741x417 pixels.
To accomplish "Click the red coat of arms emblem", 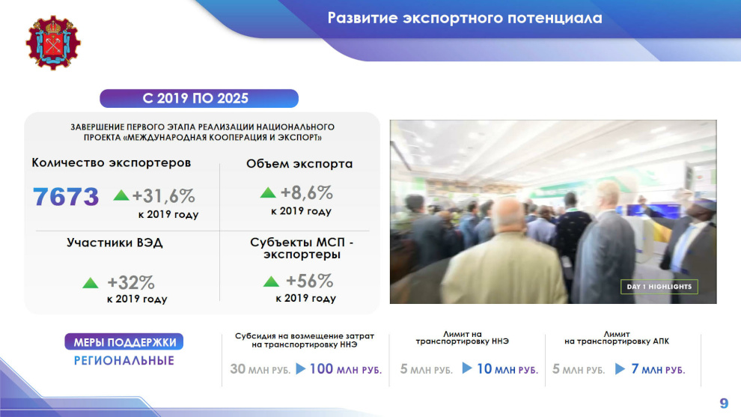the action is [53, 43].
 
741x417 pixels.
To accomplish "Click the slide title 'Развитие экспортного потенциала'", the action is [465, 18].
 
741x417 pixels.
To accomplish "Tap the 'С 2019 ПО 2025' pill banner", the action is [199, 98].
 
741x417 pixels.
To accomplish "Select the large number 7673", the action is [66, 197].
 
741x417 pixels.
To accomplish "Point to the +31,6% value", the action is [163, 195].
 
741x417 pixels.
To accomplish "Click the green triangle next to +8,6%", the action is [268, 192].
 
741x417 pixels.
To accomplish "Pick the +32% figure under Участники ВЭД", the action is [131, 283].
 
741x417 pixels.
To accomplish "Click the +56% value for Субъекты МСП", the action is [310, 281].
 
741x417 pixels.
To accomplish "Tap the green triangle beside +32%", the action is [91, 283].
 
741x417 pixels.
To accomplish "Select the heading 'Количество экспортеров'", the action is [111, 162].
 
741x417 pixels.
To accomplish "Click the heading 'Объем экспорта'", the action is [299, 164].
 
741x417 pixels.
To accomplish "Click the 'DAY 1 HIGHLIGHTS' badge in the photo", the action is [659, 287].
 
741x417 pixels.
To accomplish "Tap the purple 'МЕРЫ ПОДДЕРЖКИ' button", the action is [124, 342].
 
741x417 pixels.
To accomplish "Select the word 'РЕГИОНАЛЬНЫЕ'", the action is [124, 361].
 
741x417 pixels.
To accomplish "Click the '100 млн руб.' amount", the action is [346, 369].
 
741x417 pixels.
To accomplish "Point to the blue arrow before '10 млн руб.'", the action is [467, 368].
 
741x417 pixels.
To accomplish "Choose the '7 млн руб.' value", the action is [659, 369].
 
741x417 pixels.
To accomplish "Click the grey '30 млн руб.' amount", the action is [260, 369].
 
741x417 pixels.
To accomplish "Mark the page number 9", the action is [724, 403].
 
